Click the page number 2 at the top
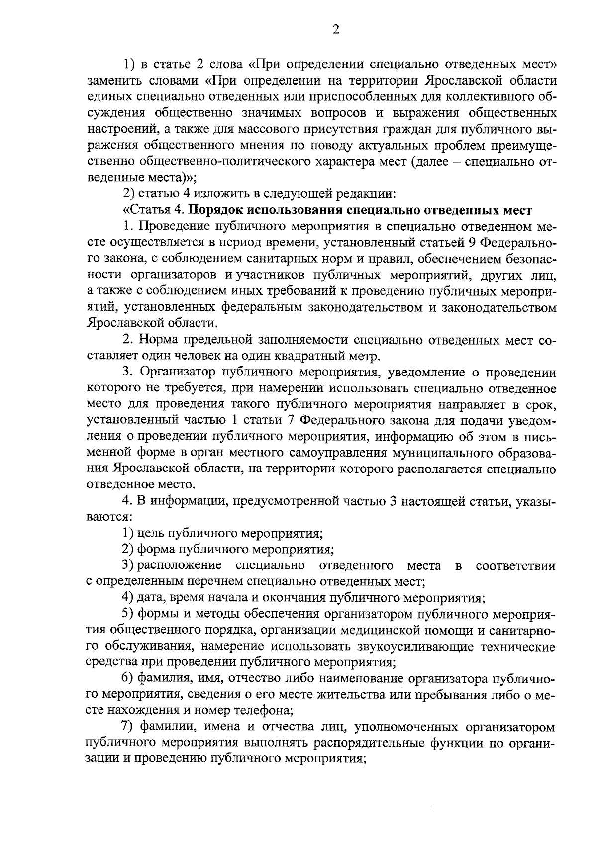335,30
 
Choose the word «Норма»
158,341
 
